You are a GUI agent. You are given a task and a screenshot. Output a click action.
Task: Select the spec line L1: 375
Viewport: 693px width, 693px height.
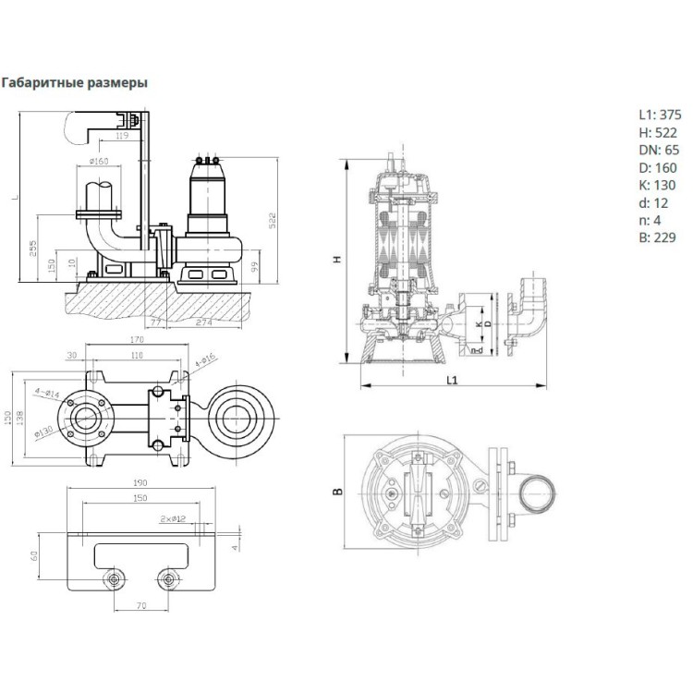(660, 116)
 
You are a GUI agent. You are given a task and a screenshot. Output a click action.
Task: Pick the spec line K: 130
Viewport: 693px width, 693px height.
(657, 185)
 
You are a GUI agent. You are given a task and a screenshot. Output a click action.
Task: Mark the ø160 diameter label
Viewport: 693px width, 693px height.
(99, 163)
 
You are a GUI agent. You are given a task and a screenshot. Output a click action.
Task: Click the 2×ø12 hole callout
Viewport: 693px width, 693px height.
(173, 518)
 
